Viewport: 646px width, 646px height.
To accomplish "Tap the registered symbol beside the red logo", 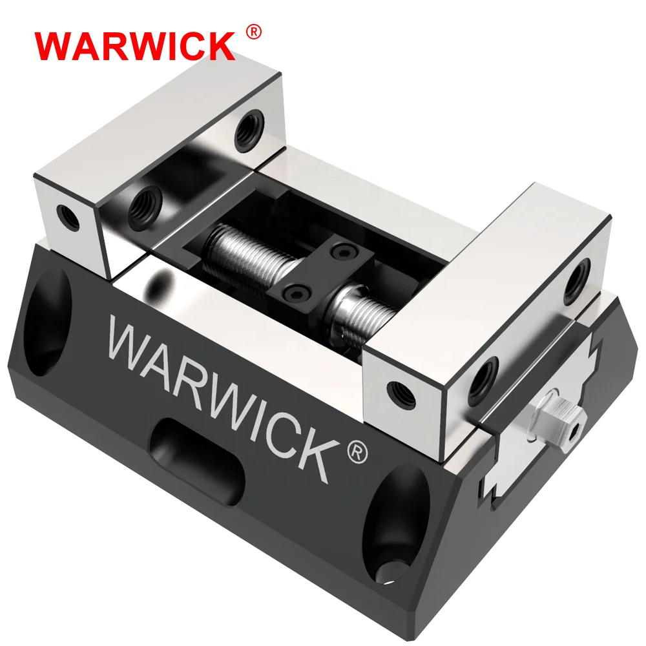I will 254,32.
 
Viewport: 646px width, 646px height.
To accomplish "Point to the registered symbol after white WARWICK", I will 357,453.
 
